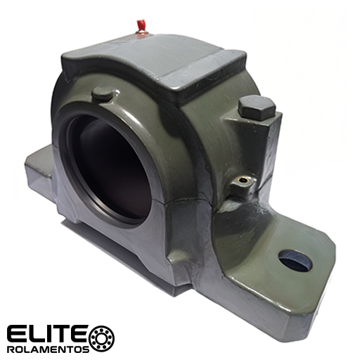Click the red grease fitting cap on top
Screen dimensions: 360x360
(140, 25)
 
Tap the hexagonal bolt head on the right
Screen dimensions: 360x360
(257, 107)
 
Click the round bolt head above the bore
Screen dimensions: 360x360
(103, 94)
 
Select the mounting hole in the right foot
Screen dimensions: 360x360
(295, 260)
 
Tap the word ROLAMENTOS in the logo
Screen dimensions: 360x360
(48, 349)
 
